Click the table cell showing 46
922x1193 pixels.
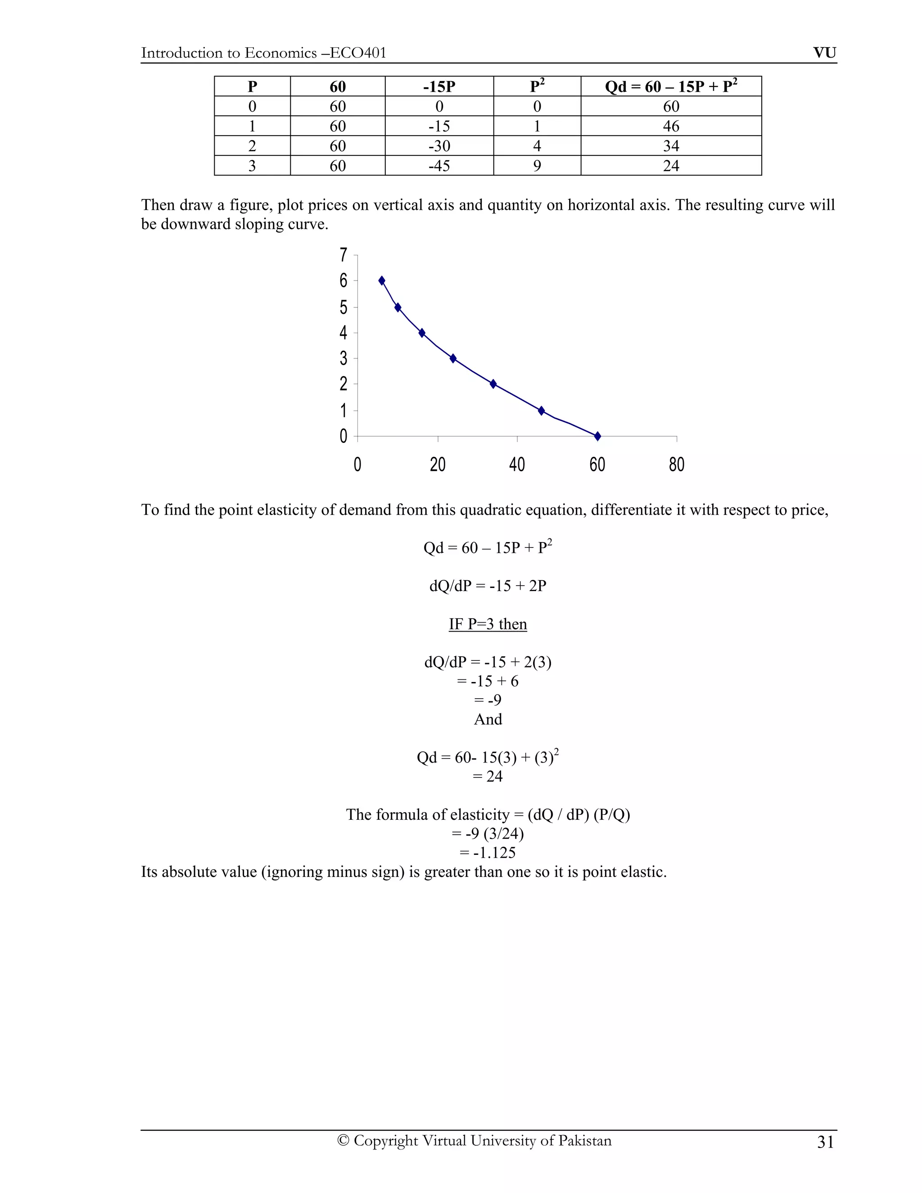tap(671, 126)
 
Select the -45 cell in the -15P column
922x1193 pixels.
tap(439, 166)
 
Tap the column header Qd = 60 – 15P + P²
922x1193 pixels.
tap(671, 86)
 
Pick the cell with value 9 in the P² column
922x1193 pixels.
tap(537, 166)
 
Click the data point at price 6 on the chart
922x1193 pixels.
tap(382, 281)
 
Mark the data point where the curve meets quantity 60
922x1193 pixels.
tap(597, 436)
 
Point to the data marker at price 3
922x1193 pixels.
tap(453, 358)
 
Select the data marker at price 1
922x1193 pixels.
tap(541, 411)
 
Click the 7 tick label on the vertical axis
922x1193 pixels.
tap(343, 255)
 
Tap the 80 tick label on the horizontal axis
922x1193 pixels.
tap(676, 465)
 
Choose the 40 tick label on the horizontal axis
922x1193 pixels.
tap(517, 465)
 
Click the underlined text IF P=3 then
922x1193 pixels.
tap(488, 624)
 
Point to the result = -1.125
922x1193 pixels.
tap(488, 852)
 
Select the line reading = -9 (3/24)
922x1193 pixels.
tap(488, 834)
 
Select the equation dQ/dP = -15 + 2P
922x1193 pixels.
tap(488, 586)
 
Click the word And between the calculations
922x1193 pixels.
tap(488, 719)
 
